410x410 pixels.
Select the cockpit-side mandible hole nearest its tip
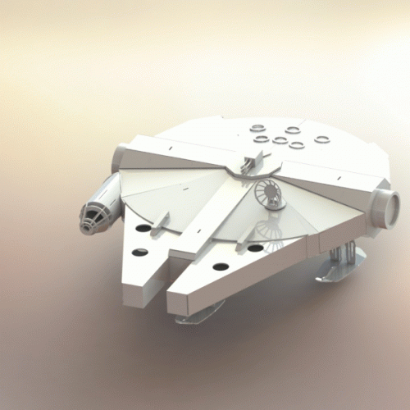[x=140, y=252]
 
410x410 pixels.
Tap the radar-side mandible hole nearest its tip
[x=220, y=266]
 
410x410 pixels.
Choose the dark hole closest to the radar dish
[x=256, y=248]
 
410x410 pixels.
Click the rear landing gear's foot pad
[x=339, y=271]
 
